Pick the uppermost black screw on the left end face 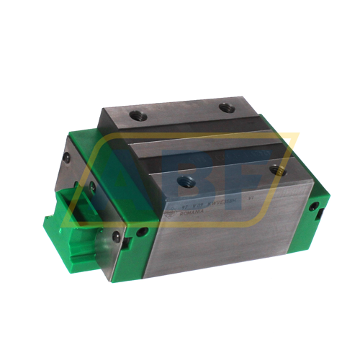coord(66,155)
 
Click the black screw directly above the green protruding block coord(91,188)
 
